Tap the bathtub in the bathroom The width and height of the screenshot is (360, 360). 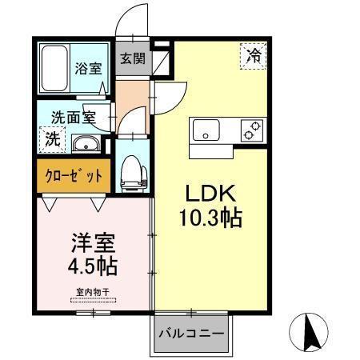pyautogui.click(x=55, y=69)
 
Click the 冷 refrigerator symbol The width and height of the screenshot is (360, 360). pyautogui.click(x=253, y=55)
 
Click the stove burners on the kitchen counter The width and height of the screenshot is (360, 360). pyautogui.click(x=253, y=130)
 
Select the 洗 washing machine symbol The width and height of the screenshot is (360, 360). pyautogui.click(x=50, y=137)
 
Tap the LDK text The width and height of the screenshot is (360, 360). pyautogui.click(x=212, y=195)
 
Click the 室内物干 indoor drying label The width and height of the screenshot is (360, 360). pyautogui.click(x=93, y=292)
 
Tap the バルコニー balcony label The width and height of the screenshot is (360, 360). pyautogui.click(x=190, y=331)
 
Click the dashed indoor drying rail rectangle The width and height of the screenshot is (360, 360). pyautogui.click(x=93, y=301)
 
